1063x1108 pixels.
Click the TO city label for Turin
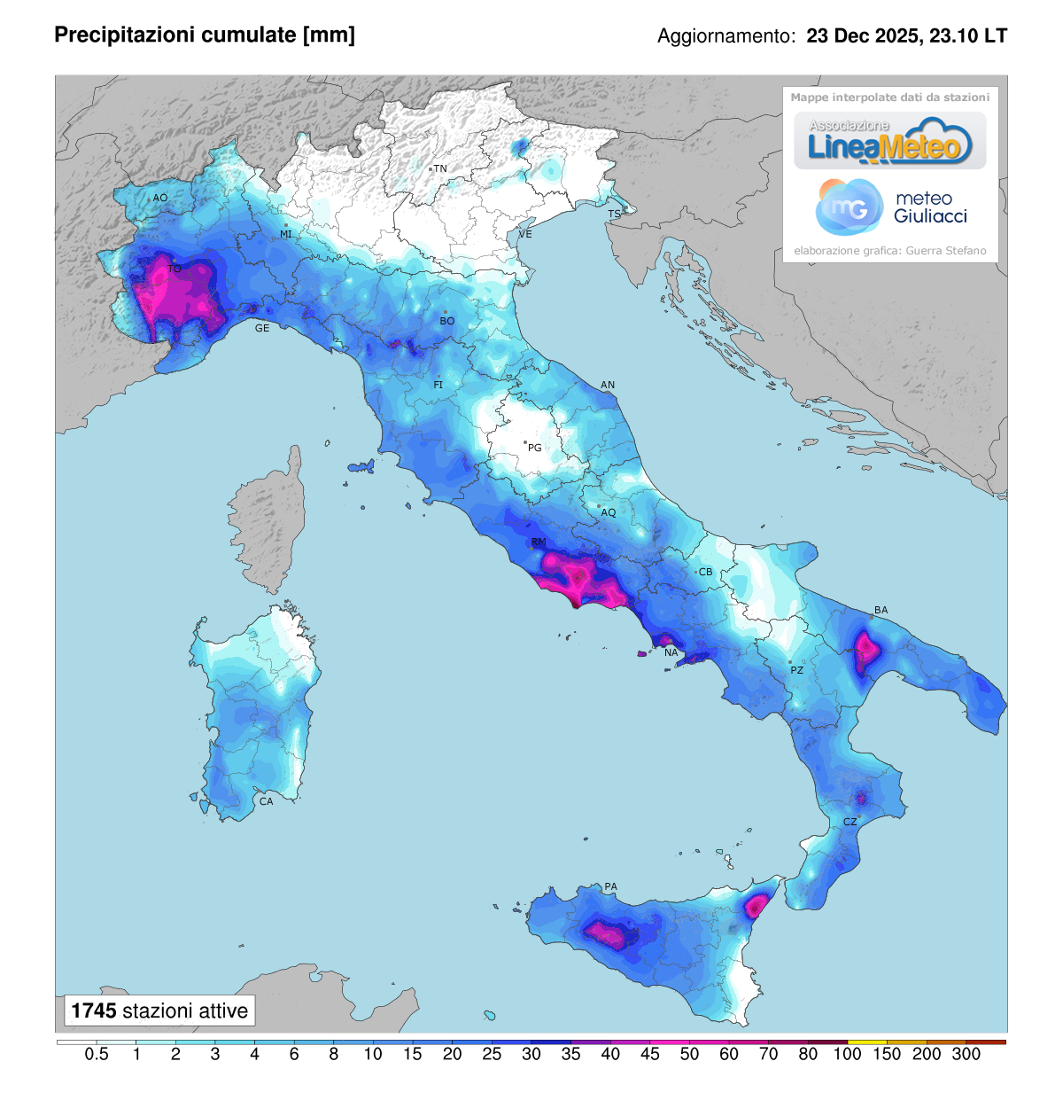[175, 269]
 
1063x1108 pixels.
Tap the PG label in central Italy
[534, 448]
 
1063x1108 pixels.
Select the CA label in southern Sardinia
[266, 801]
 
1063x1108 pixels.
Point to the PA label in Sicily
[610, 886]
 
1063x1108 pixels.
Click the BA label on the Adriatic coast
[881, 610]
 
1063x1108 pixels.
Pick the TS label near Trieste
[614, 215]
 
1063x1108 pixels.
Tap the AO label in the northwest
[160, 198]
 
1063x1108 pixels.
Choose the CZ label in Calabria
[850, 822]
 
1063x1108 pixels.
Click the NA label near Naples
[671, 652]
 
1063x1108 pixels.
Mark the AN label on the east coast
[608, 385]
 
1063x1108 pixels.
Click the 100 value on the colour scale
[847, 1054]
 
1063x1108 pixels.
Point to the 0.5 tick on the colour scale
[97, 1054]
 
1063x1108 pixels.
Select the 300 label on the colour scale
[966, 1054]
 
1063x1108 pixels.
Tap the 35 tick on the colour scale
[570, 1054]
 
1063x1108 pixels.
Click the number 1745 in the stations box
[94, 1010]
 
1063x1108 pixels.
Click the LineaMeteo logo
[889, 142]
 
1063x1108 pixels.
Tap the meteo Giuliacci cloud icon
[850, 207]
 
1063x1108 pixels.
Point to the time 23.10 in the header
[954, 36]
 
